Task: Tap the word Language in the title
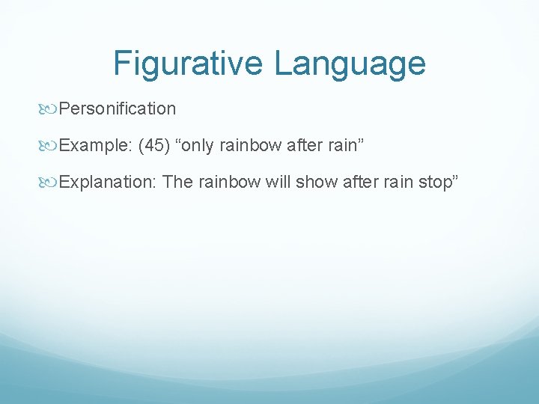(350, 64)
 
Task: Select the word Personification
(118, 109)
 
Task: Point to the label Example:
(96, 145)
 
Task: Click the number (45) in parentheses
(153, 145)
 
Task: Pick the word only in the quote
(194, 145)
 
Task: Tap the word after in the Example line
(302, 145)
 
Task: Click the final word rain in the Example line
(341, 145)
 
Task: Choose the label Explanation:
(108, 182)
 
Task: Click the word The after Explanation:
(177, 182)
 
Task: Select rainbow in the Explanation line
(230, 182)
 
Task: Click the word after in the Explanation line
(359, 182)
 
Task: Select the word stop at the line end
(433, 182)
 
